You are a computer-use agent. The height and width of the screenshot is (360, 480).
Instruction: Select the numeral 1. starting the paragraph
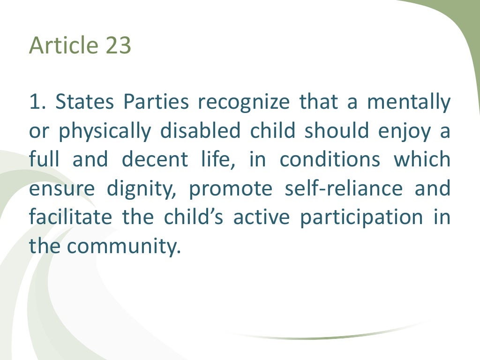(37, 103)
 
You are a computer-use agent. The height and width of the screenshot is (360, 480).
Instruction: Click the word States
(86, 103)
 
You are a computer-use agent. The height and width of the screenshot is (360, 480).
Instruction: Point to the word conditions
(330, 160)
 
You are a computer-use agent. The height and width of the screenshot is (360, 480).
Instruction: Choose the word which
(422, 160)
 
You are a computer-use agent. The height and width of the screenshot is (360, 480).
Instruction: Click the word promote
(230, 189)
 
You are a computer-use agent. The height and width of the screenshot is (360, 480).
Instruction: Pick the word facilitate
(70, 217)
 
